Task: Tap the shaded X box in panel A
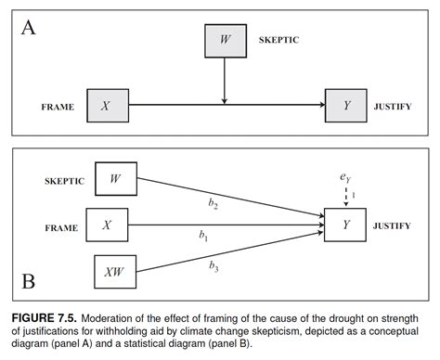[106, 106]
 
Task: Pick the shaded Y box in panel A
[346, 106]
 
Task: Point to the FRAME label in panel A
[57, 107]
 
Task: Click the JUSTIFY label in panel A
[394, 107]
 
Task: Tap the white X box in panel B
[106, 225]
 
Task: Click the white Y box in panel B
[345, 225]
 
